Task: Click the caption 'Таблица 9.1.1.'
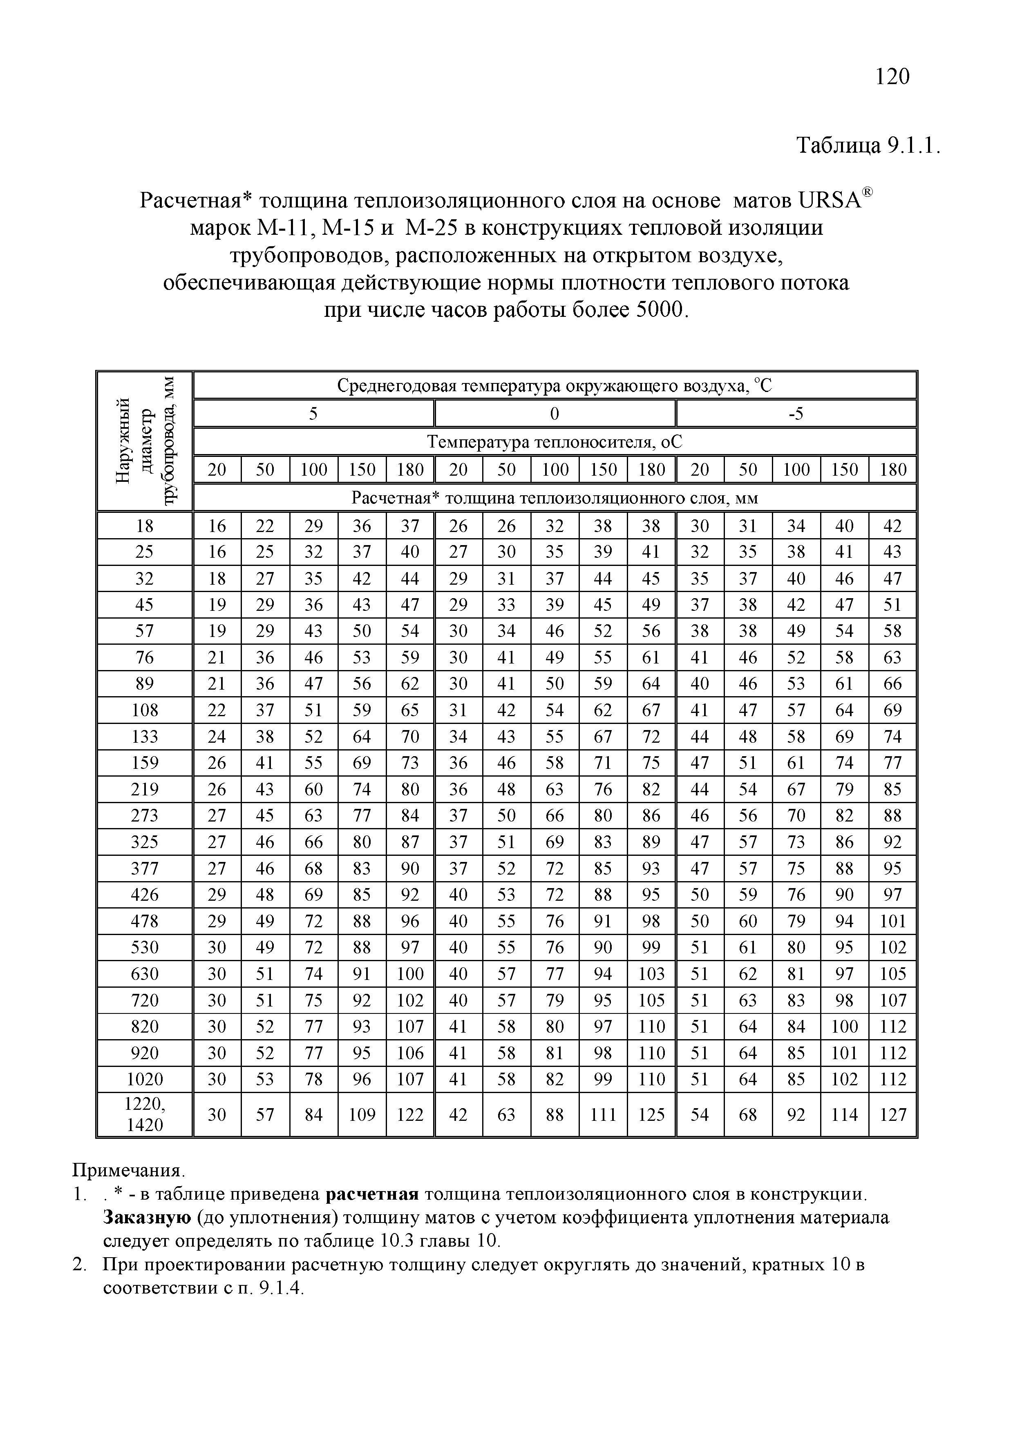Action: click(x=868, y=146)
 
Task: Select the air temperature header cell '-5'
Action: click(x=796, y=414)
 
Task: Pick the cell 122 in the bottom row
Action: click(x=410, y=1115)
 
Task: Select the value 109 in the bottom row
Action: click(x=362, y=1115)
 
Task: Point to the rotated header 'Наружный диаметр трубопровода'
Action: click(x=145, y=440)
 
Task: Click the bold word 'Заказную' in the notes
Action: click(x=147, y=1218)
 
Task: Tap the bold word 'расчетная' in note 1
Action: click(x=372, y=1194)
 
